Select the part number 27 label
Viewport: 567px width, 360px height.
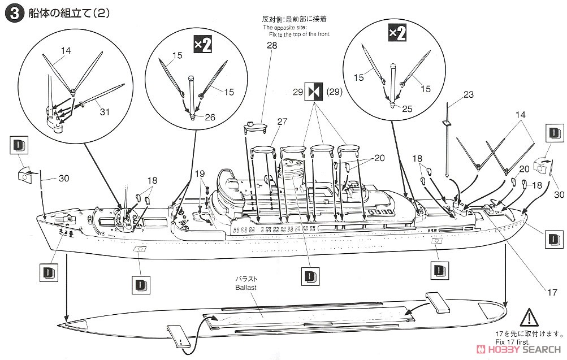pos(282,120)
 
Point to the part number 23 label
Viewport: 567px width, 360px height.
pos(468,95)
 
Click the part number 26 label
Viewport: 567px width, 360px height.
pos(210,118)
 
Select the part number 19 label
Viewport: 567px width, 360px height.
pos(200,173)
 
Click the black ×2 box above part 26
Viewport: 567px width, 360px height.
pos(202,45)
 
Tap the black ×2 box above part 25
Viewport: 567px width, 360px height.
pos(396,33)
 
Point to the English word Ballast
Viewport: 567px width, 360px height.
pos(246,288)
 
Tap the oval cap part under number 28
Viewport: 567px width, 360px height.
pos(256,126)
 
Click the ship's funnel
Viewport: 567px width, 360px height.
pos(293,167)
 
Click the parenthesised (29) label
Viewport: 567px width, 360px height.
pos(335,90)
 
